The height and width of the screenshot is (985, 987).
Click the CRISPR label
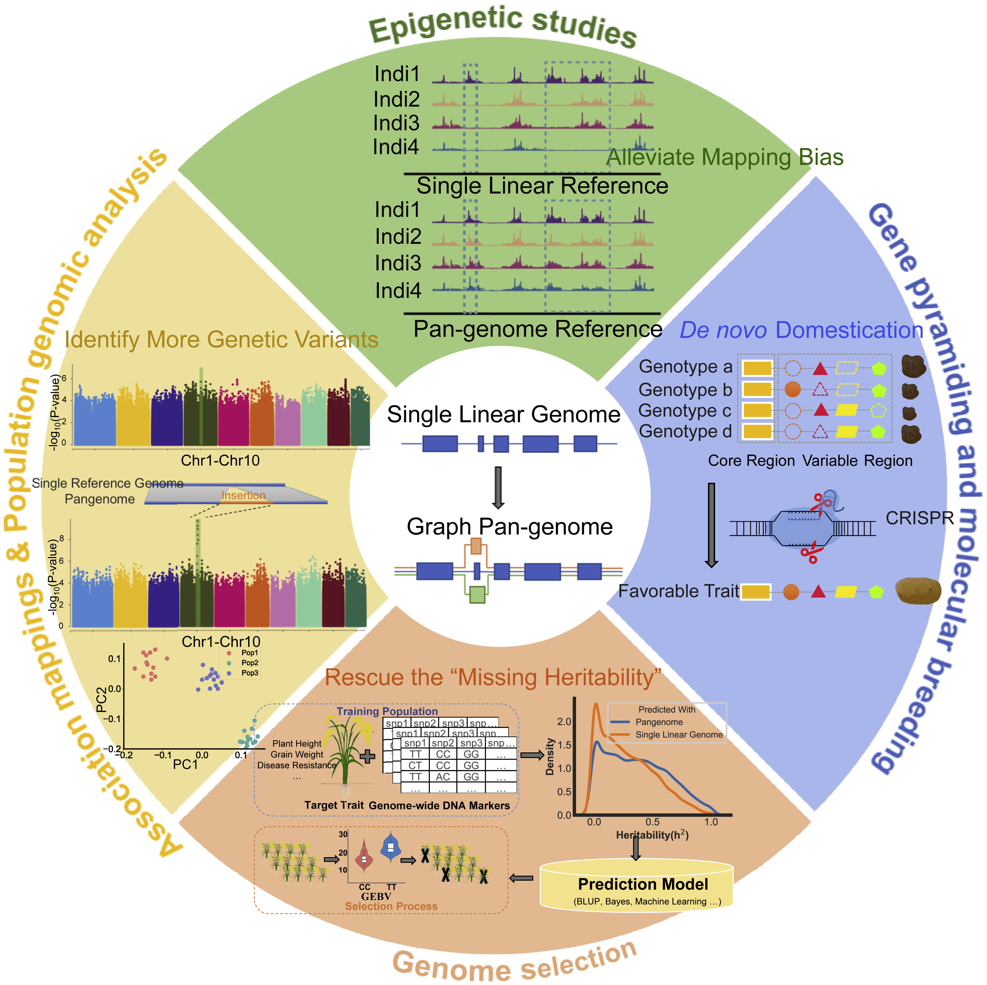(x=920, y=518)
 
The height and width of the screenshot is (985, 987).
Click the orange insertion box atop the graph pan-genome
(x=476, y=546)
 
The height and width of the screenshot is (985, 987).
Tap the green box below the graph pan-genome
(x=477, y=595)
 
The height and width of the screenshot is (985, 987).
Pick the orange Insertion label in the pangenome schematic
(x=243, y=495)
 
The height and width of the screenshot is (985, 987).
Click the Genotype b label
(x=685, y=390)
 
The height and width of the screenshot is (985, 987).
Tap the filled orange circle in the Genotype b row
(x=792, y=389)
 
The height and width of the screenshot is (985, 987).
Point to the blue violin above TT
(x=391, y=847)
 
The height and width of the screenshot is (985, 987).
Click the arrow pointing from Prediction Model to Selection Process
(x=522, y=878)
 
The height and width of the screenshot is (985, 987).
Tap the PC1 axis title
(x=185, y=764)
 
